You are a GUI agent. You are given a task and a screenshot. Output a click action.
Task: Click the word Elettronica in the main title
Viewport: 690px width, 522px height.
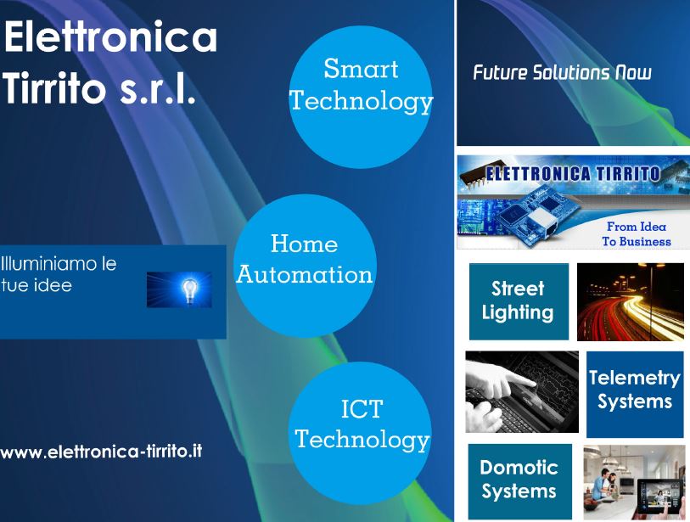click(x=110, y=36)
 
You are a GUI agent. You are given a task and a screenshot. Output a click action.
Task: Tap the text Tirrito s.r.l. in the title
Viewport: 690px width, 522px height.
click(x=99, y=87)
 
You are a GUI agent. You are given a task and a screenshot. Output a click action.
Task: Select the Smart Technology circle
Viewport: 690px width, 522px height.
click(x=361, y=97)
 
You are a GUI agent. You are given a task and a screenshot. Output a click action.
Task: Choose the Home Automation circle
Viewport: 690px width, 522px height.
click(x=305, y=266)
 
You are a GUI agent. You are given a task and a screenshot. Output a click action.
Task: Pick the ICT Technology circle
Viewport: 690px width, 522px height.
click(x=361, y=433)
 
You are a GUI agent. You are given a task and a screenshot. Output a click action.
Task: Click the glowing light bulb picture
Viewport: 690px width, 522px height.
click(x=179, y=289)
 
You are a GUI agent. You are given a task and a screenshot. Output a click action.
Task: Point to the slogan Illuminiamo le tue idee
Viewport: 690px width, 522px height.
click(x=59, y=274)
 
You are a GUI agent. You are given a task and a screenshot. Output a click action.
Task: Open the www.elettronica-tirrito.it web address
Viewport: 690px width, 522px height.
click(x=101, y=452)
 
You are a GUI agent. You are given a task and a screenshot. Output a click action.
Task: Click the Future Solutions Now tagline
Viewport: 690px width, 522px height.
click(x=562, y=73)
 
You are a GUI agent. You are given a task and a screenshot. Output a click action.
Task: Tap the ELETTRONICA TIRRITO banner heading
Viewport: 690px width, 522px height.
click(x=573, y=174)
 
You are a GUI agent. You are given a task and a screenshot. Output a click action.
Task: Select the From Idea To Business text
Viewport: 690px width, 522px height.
click(x=637, y=234)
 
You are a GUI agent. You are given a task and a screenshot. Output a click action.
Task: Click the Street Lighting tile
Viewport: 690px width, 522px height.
click(x=519, y=301)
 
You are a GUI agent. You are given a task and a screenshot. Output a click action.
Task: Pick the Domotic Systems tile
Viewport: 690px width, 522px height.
click(x=519, y=481)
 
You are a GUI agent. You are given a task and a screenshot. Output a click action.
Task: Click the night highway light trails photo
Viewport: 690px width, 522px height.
click(x=630, y=302)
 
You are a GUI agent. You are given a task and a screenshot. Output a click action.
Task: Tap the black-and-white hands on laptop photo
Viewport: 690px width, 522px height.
click(x=522, y=392)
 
